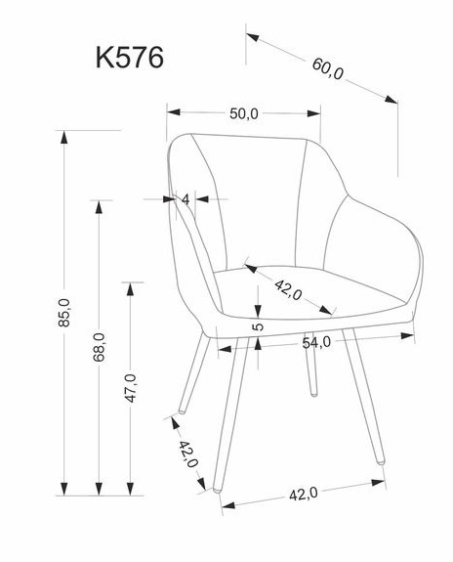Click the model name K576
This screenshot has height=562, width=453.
(130, 58)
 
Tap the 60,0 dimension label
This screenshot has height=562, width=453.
(327, 68)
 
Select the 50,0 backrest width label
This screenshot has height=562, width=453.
(243, 114)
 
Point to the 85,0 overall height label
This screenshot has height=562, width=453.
(64, 312)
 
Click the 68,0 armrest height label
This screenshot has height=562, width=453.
(100, 347)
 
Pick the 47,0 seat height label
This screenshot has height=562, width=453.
(131, 388)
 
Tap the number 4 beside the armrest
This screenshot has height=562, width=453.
(185, 199)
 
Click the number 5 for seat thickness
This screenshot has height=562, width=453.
(258, 326)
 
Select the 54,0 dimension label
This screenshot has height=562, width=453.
(316, 343)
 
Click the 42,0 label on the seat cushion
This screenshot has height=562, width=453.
(288, 289)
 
